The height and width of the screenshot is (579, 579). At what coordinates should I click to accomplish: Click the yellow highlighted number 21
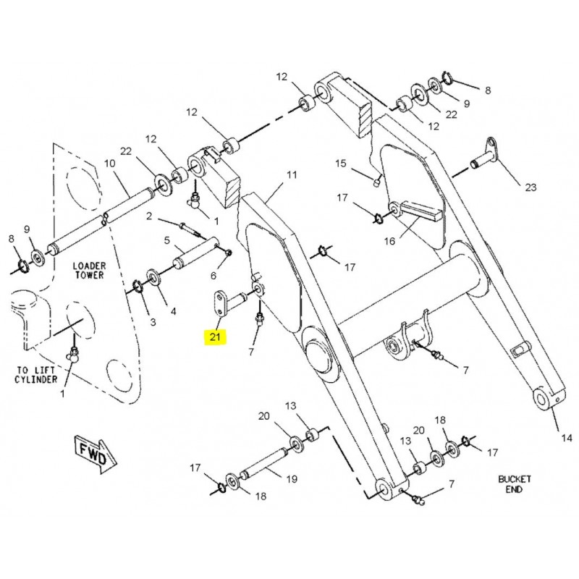[x=216, y=336]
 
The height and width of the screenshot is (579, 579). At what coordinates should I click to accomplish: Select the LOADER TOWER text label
[x=89, y=271]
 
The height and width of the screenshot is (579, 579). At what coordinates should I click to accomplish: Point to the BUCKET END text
[x=515, y=484]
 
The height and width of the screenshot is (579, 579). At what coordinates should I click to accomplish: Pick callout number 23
[x=531, y=187]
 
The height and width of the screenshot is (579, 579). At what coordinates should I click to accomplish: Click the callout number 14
[x=565, y=438]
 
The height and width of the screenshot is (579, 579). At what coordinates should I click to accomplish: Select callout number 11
[x=292, y=175]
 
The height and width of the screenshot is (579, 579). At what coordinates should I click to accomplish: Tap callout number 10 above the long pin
[x=110, y=164]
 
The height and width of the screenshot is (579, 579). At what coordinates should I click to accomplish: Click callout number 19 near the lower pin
[x=291, y=478]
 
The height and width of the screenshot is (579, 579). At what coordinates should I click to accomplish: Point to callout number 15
[x=341, y=164]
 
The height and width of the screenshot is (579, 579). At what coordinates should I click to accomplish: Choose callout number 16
[x=389, y=242]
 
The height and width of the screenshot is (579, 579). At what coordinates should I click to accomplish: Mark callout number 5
[x=166, y=240]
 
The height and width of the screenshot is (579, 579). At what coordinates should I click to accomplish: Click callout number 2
[x=148, y=216]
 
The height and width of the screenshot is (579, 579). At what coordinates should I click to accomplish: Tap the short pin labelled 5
[x=192, y=255]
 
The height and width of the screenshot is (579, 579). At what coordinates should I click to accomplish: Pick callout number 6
[x=214, y=276]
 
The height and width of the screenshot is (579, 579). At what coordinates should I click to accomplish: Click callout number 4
[x=172, y=312]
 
